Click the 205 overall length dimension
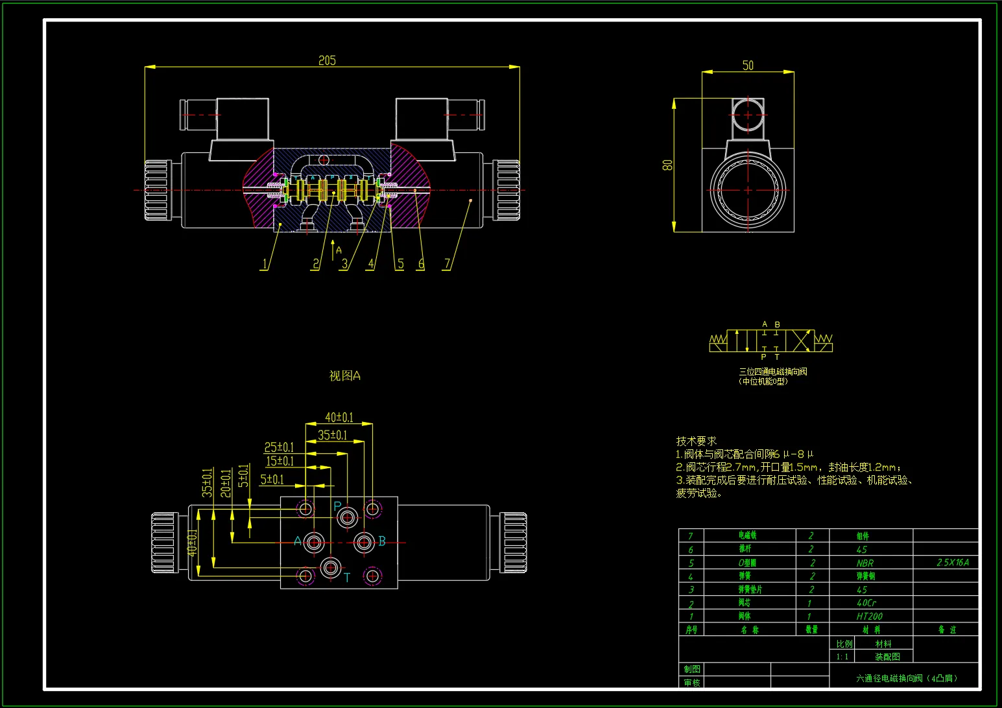[x=327, y=60]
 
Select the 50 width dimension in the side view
[x=748, y=65]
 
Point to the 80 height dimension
[x=667, y=165]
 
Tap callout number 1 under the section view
[x=264, y=264]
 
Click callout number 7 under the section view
[x=446, y=264]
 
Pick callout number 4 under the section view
[x=371, y=264]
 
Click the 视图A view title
[x=344, y=376]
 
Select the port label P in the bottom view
[x=337, y=506]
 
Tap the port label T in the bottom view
[x=347, y=577]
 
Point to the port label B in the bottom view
[x=382, y=541]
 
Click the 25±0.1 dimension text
[x=279, y=447]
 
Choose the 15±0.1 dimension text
[x=280, y=461]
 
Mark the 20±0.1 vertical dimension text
[x=226, y=483]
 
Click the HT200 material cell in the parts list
[x=869, y=617]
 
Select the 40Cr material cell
[x=866, y=603]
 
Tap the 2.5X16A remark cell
[x=952, y=563]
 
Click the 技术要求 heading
[x=696, y=441]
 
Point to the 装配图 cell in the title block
[x=887, y=657]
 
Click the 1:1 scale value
[x=842, y=657]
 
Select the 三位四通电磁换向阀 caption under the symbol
[x=772, y=372]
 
